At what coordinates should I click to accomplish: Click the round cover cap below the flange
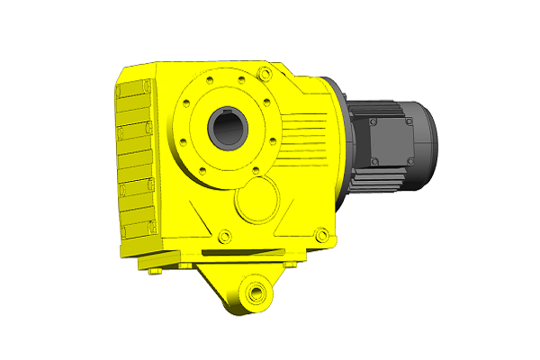[256, 199]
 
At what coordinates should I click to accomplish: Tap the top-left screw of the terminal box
[369, 116]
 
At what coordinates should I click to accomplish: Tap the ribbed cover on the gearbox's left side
[135, 162]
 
